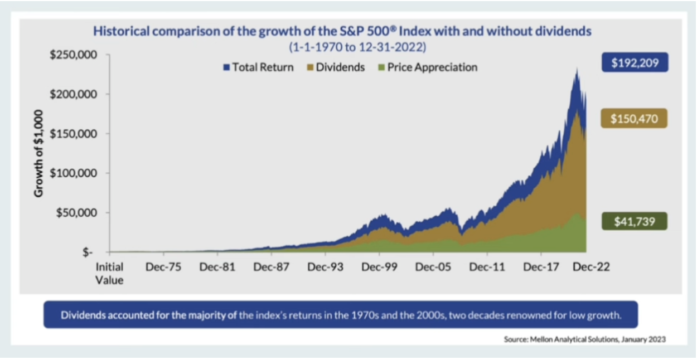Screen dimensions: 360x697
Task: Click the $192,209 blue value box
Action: (x=635, y=63)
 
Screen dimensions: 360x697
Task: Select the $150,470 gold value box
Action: (x=635, y=119)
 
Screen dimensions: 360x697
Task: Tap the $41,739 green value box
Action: (x=635, y=221)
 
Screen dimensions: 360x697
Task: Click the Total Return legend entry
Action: (x=258, y=67)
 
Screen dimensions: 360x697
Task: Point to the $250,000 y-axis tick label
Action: (x=74, y=55)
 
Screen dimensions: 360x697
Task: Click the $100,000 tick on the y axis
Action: (x=74, y=173)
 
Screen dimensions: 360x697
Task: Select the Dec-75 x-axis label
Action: (x=163, y=267)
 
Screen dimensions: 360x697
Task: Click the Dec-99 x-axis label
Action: (x=379, y=267)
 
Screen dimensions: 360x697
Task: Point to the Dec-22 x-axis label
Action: (x=592, y=267)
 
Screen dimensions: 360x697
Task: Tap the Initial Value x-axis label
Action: (x=110, y=273)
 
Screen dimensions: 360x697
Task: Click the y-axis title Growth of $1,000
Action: (x=39, y=153)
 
